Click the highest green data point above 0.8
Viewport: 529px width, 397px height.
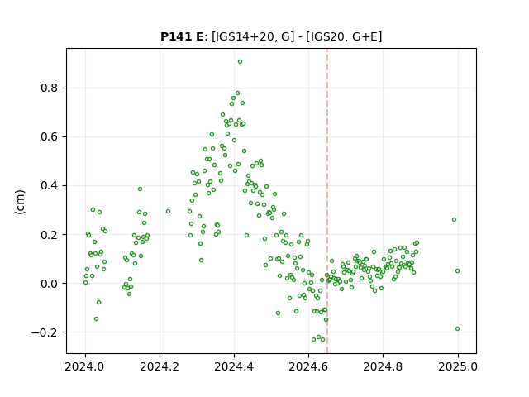coord(240,62)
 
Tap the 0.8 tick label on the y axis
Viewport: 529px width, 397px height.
coord(50,88)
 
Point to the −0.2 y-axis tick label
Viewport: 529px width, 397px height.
coord(45,332)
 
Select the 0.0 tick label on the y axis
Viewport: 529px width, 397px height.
coord(50,284)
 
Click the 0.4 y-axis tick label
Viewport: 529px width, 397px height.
coord(50,185)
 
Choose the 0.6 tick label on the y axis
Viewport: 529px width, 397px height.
coord(50,137)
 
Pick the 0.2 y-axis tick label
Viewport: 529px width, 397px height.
coord(50,235)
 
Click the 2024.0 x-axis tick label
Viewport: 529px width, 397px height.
coord(85,366)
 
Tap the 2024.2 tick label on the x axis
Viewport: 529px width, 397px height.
coord(160,366)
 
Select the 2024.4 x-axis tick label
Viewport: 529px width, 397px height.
coord(234,366)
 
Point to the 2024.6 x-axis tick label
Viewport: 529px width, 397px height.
coord(308,366)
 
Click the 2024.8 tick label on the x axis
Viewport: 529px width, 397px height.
coord(383,366)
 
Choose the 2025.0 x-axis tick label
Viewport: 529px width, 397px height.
coord(458,366)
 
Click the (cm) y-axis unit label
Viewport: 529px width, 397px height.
coord(20,202)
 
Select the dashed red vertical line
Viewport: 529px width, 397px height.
coord(327,201)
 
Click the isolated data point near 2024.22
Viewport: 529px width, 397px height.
coord(168,212)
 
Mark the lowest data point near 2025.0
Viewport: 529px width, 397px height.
coord(457,329)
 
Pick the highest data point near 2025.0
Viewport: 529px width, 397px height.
coord(454,219)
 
